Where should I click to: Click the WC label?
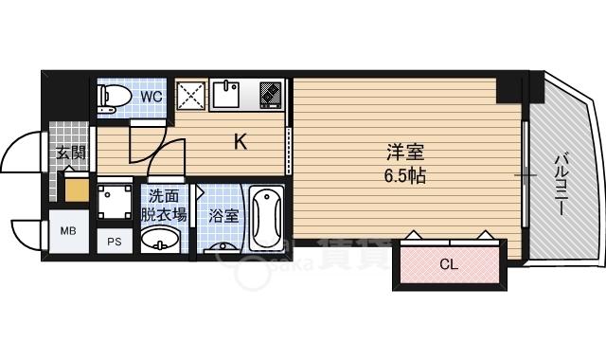[x=151, y=97]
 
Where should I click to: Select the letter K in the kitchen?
[x=241, y=142]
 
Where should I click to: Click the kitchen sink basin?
[x=226, y=95]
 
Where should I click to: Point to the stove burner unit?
[x=271, y=95]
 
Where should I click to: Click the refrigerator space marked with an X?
[x=191, y=96]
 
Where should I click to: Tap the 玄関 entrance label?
[x=70, y=153]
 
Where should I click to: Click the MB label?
[x=68, y=231]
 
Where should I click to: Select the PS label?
[x=115, y=242]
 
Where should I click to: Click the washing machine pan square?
[x=115, y=202]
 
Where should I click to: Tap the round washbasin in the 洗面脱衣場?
[x=160, y=238]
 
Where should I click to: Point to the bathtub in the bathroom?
[x=266, y=219]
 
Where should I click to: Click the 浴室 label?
[x=223, y=216]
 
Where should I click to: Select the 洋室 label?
[x=405, y=152]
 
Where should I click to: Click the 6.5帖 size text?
[x=405, y=176]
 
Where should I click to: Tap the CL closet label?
[x=449, y=264]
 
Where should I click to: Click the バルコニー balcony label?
[x=561, y=185]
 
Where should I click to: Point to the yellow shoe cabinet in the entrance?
[x=77, y=189]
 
